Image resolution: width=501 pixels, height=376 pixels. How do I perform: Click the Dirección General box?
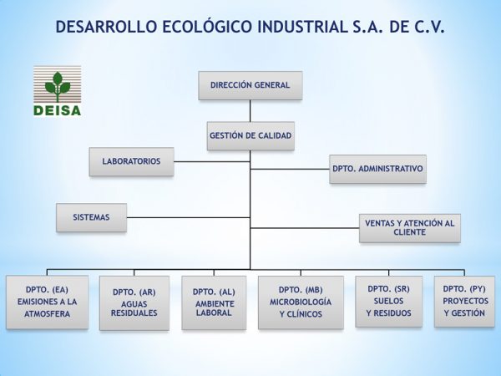click(x=250, y=85)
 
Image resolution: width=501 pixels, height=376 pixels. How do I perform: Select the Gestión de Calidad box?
click(x=250, y=136)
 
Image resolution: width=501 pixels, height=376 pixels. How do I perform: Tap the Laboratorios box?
click(x=132, y=161)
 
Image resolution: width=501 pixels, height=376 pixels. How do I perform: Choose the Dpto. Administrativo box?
click(x=377, y=169)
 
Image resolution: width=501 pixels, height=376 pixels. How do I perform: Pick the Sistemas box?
click(x=91, y=217)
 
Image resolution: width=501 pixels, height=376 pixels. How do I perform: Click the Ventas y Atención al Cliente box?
click(x=410, y=228)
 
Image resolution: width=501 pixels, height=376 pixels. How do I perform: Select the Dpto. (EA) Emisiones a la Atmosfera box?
click(x=48, y=302)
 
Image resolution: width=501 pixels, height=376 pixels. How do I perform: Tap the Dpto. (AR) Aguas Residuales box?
click(x=134, y=302)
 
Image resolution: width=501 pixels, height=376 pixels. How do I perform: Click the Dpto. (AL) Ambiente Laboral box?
click(x=214, y=302)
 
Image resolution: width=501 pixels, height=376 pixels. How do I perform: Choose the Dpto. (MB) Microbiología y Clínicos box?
click(x=301, y=302)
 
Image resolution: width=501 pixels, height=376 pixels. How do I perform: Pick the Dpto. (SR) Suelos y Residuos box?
click(x=389, y=302)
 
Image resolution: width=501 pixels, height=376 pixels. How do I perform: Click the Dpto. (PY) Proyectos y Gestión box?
click(x=464, y=302)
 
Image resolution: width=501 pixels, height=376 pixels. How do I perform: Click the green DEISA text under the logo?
click(x=57, y=110)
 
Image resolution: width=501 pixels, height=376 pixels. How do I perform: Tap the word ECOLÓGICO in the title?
click(x=207, y=26)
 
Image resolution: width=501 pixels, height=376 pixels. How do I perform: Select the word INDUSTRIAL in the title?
click(x=302, y=27)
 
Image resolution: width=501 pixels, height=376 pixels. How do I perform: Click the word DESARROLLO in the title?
click(x=106, y=27)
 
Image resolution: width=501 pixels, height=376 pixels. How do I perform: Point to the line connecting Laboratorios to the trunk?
click(x=212, y=162)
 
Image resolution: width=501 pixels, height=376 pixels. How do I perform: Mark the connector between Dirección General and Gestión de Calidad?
click(x=250, y=110)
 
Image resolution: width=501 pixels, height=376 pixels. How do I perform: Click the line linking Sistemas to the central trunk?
click(x=188, y=217)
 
